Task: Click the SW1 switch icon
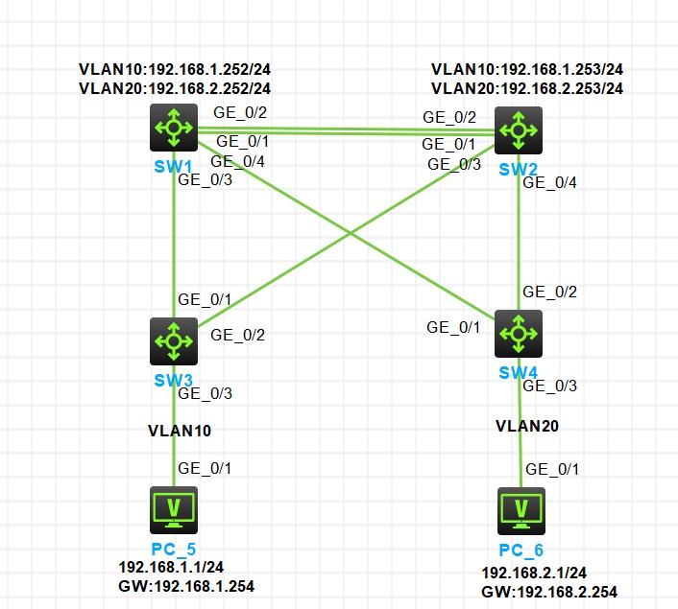point(174,128)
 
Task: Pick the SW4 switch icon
point(519,333)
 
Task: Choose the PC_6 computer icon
point(521,510)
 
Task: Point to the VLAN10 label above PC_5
point(179,431)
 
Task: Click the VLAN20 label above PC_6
point(527,425)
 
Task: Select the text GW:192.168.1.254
point(186,586)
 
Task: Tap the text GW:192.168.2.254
point(549,592)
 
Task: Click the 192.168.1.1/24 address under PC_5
point(171,568)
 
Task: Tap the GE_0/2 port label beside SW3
point(237,335)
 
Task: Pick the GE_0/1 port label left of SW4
point(453,328)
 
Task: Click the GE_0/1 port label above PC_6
point(555,469)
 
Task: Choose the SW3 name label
point(174,380)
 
